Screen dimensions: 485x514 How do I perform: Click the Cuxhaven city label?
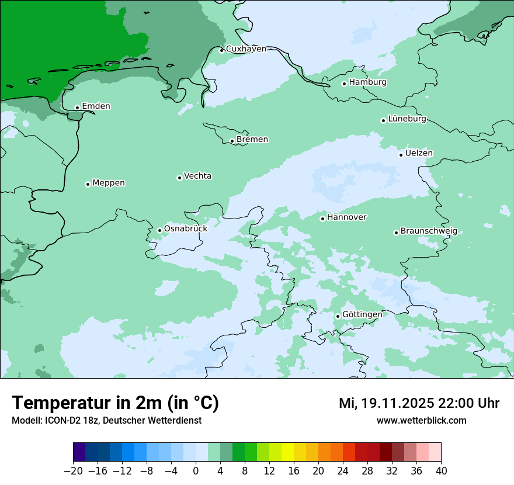[246, 49]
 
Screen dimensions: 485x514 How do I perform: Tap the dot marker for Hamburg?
[345, 84]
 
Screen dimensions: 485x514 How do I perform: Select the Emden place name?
[96, 106]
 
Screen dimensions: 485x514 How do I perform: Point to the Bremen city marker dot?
[232, 141]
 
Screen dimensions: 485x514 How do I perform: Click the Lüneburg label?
[407, 119]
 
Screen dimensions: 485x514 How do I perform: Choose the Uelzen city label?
[419, 153]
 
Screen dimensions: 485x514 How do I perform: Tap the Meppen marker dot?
[88, 184]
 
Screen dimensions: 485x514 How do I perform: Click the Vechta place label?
[198, 176]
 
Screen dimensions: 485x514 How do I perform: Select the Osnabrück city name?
[186, 229]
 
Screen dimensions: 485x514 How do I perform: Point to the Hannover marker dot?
[322, 219]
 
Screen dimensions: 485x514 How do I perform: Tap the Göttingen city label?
[362, 315]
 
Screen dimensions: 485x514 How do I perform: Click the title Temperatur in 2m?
[115, 403]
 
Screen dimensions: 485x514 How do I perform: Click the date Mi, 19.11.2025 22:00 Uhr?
[419, 403]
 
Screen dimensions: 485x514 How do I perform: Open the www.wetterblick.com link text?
[421, 421]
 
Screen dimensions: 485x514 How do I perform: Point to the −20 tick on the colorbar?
[74, 471]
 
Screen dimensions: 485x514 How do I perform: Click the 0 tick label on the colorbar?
[196, 471]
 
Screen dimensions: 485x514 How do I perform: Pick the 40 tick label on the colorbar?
[441, 471]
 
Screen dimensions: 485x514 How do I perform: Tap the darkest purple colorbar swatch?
[79, 452]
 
